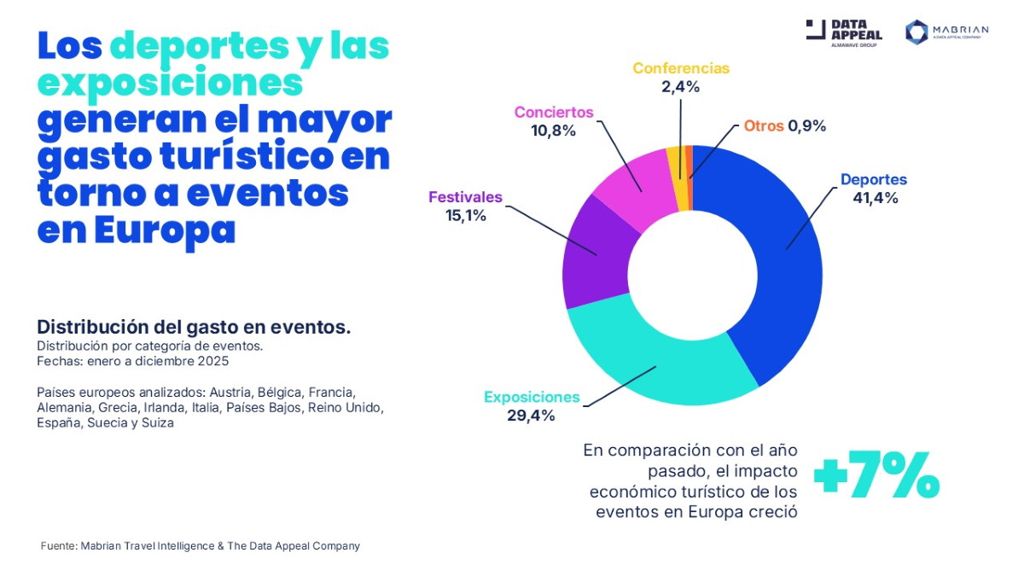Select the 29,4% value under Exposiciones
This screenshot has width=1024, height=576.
pos(531,416)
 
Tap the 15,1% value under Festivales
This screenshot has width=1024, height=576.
pos(465,216)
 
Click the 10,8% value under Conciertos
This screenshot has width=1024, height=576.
pos(553,131)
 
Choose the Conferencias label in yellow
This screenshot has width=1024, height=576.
pos(681,68)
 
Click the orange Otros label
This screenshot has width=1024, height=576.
pos(763,125)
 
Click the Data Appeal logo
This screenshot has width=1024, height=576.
pos(844,32)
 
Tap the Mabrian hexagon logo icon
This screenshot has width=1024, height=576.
pos(916,32)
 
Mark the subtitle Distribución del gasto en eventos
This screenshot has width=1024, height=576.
pos(194,328)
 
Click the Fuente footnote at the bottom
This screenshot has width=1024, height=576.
pos(201,545)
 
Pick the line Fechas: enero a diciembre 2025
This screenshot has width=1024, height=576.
pos(132,361)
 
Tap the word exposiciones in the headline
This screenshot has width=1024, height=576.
pos(170,83)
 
